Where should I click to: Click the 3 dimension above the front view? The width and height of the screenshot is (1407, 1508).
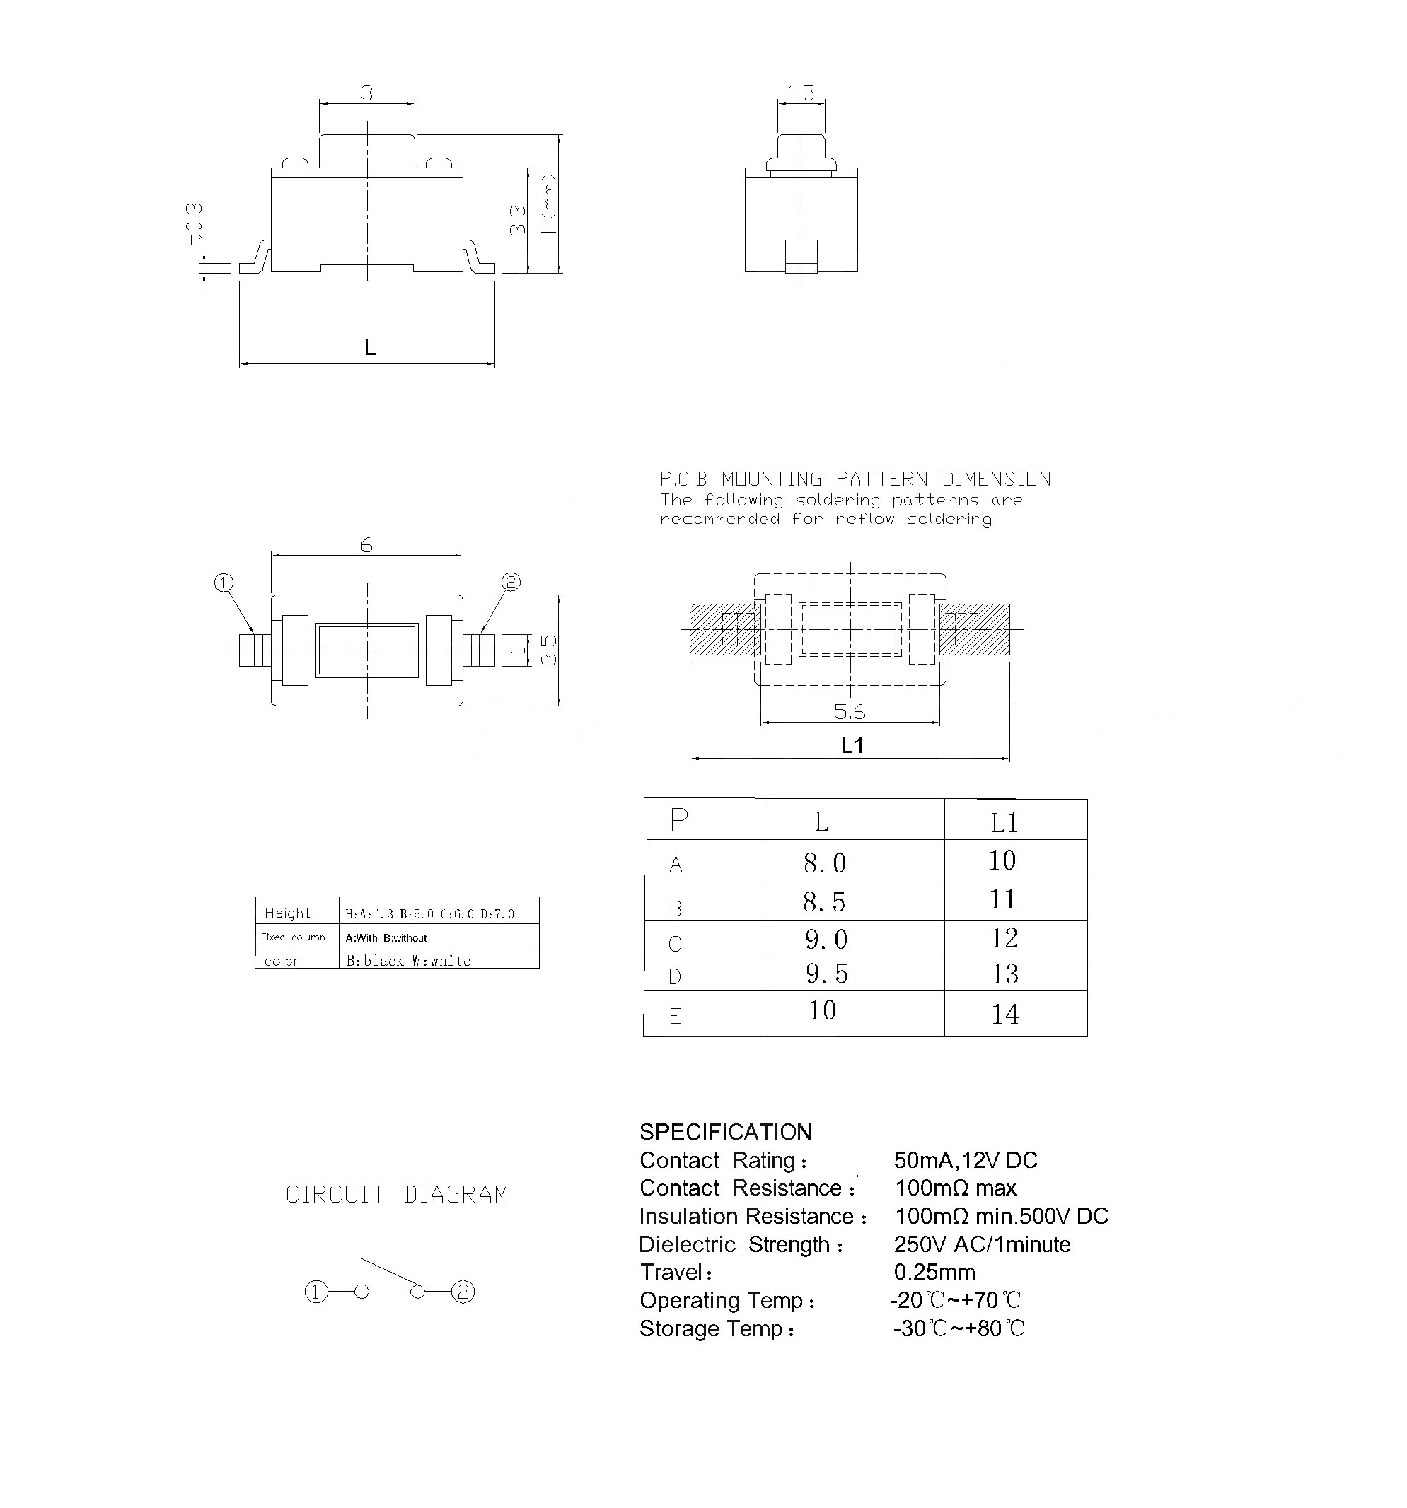pyautogui.click(x=366, y=93)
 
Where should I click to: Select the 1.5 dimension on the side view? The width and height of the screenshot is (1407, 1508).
pyautogui.click(x=800, y=93)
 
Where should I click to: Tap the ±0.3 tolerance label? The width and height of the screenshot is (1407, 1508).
pyautogui.click(x=195, y=222)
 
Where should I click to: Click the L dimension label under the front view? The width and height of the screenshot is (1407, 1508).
pyautogui.click(x=369, y=347)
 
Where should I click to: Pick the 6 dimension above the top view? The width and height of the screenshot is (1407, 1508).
pyautogui.click(x=366, y=544)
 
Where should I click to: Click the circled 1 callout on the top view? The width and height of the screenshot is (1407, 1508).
pyautogui.click(x=223, y=583)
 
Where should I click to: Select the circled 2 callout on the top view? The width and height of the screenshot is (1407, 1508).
pyautogui.click(x=511, y=582)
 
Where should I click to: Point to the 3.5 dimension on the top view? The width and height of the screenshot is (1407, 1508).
pyautogui.click(x=549, y=650)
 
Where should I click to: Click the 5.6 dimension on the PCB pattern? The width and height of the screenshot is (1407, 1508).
pyautogui.click(x=849, y=711)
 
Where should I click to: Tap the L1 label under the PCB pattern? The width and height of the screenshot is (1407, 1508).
pyautogui.click(x=852, y=746)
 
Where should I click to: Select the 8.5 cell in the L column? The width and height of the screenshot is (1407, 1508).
pyautogui.click(x=824, y=902)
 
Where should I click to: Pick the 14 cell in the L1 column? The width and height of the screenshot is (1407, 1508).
pyautogui.click(x=1004, y=1015)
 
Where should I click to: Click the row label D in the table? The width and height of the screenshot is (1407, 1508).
pyautogui.click(x=675, y=977)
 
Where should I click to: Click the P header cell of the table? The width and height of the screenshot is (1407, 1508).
pyautogui.click(x=678, y=820)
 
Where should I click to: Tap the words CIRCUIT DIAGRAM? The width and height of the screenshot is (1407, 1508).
pyautogui.click(x=396, y=1195)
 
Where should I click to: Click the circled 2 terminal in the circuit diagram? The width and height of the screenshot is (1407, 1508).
pyautogui.click(x=463, y=1292)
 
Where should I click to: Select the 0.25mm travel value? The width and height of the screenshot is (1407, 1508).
pyautogui.click(x=934, y=1272)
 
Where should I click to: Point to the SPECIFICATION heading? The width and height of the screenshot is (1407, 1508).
pyautogui.click(x=725, y=1132)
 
